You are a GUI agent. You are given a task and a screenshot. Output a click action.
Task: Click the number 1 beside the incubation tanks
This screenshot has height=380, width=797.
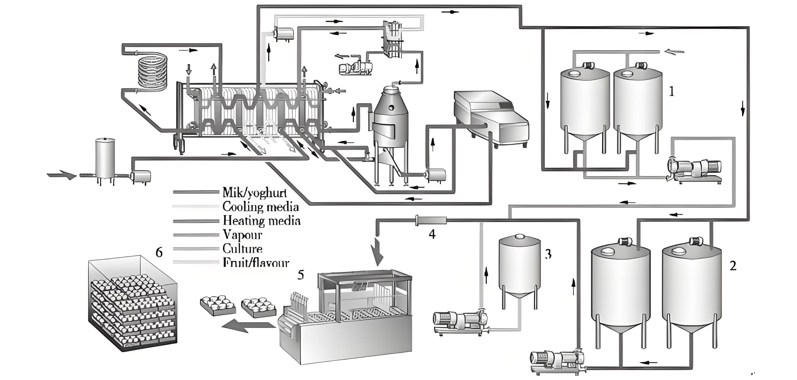tap(671, 91)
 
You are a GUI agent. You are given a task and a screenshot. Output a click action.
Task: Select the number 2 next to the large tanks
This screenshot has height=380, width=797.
tap(733, 266)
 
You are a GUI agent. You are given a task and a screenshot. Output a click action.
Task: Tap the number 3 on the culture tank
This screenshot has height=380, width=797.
tap(548, 254)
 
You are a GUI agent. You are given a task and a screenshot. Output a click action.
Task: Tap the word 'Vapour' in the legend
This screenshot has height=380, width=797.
tap(242, 235)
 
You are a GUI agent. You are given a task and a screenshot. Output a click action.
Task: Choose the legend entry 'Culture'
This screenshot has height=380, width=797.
tap(242, 249)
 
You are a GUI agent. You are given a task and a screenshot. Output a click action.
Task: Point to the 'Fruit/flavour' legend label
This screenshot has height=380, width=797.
tap(255, 263)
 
